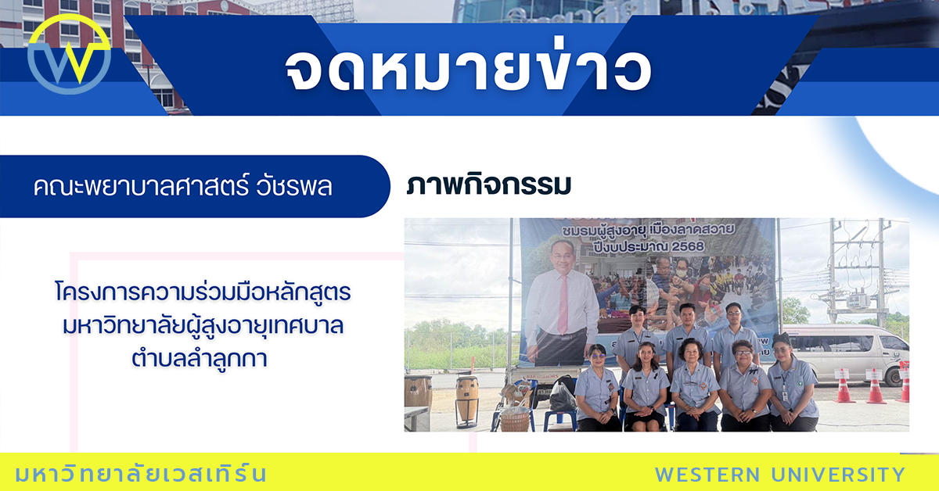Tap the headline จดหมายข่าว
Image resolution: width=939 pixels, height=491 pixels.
(x=468, y=70)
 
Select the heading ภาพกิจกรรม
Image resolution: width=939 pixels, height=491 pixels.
(x=488, y=185)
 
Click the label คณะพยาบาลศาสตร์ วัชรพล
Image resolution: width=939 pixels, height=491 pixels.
(x=183, y=187)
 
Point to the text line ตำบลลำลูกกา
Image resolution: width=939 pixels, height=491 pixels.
(x=201, y=359)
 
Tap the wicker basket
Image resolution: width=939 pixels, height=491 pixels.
(x=515, y=421)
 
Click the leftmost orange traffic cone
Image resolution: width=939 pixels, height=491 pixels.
(x=844, y=386)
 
